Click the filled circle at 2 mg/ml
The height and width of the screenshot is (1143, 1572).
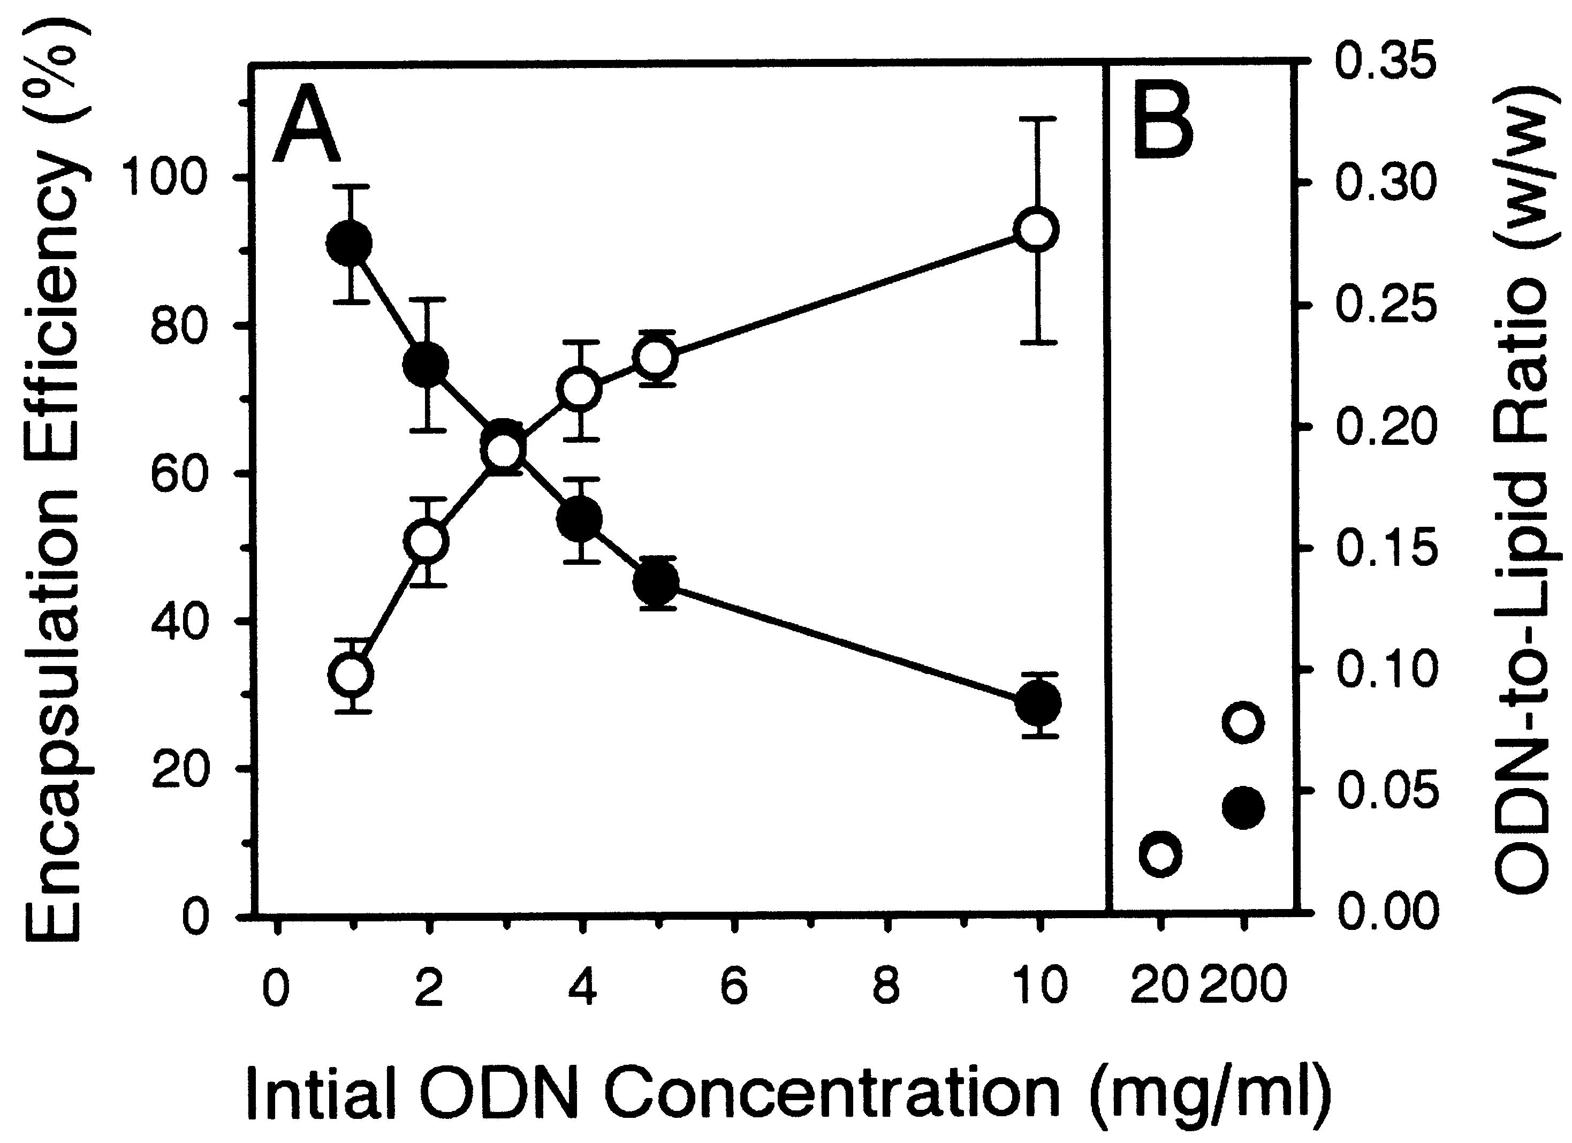[x=426, y=365]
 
